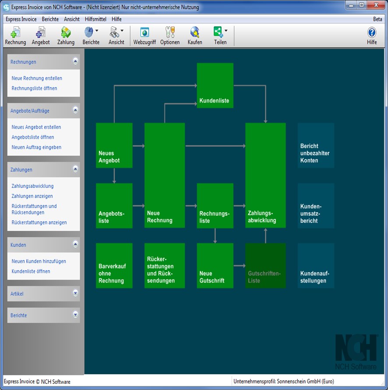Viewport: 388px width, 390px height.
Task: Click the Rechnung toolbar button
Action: pos(15,36)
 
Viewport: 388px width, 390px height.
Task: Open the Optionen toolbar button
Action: pos(170,36)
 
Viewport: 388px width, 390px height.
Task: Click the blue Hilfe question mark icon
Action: pos(372,32)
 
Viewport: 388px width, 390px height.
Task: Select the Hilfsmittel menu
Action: pos(95,19)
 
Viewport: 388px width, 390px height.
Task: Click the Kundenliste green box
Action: pos(215,85)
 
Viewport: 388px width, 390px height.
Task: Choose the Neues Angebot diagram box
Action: pos(114,145)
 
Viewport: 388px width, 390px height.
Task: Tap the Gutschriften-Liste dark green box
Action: pos(265,266)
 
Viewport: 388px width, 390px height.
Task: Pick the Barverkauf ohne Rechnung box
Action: pos(114,266)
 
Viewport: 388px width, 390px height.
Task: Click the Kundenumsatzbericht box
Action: pos(316,206)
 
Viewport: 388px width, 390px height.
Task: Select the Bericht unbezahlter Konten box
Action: pos(316,145)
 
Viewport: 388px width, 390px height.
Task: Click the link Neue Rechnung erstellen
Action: pos(37,78)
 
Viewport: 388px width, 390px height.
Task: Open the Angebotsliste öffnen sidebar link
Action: pos(32,137)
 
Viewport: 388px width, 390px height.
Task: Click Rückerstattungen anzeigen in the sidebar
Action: pos(39,222)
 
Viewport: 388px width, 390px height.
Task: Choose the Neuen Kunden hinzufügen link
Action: pos(39,261)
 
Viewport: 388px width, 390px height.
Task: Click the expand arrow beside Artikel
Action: pos(75,293)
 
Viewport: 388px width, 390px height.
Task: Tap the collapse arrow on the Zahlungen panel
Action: pos(75,169)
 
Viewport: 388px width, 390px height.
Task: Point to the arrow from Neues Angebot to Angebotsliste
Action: pos(114,175)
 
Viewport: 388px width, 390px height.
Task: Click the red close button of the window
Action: pos(376,5)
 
